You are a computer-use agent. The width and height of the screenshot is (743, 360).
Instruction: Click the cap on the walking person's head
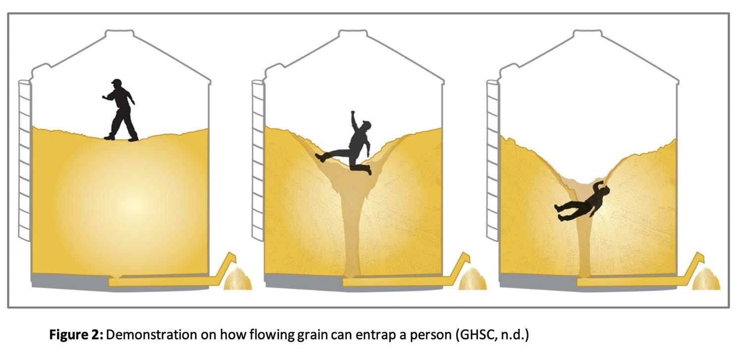click(116, 82)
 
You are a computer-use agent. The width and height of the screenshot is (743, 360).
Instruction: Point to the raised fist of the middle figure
click(353, 114)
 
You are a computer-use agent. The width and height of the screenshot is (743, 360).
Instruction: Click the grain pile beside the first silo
click(238, 279)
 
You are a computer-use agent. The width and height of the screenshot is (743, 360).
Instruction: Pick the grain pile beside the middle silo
click(472, 279)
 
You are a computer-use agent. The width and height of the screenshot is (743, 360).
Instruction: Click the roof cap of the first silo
click(119, 35)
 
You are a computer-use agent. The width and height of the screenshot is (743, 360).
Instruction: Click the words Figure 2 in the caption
click(75, 335)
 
